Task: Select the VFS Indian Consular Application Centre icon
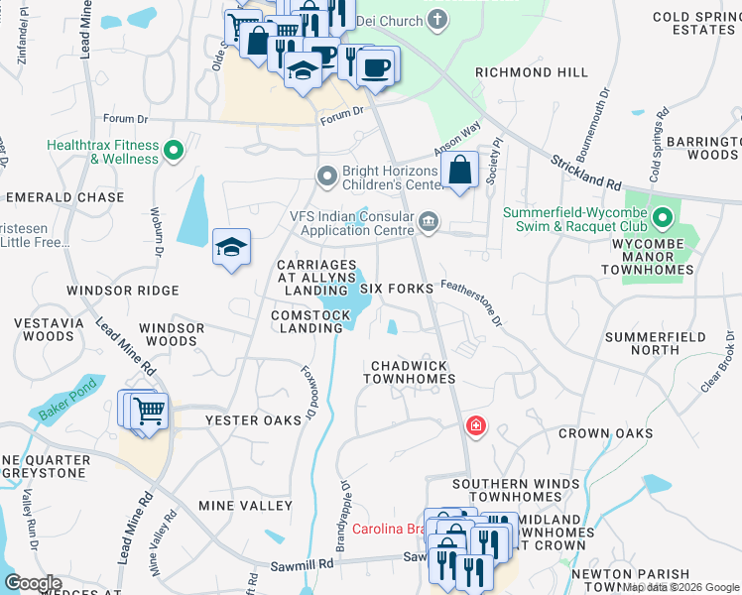tap(429, 221)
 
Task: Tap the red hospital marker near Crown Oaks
tap(476, 425)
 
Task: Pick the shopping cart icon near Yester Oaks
tap(149, 410)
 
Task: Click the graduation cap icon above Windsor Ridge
tap(231, 247)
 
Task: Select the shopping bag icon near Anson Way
tap(461, 170)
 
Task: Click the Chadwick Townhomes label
tap(413, 372)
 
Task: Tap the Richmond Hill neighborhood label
tap(531, 72)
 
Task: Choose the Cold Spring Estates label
tap(693, 23)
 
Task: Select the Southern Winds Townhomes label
tap(515, 490)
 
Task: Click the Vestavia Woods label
tap(44, 329)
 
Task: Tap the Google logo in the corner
tap(33, 583)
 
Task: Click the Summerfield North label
tap(655, 343)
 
